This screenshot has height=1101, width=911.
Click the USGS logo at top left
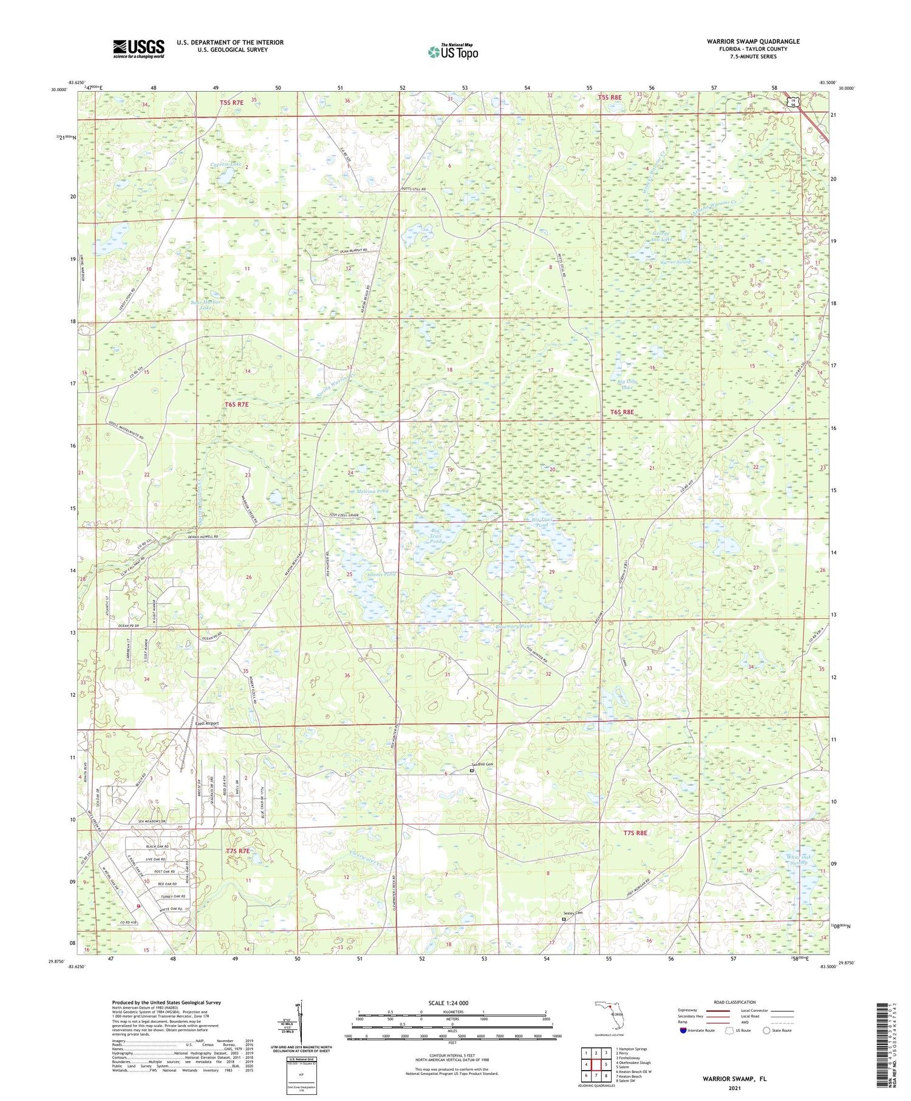pos(138,49)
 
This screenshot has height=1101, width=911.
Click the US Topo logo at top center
pos(453,52)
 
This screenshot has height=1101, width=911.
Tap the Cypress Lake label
pos(225,165)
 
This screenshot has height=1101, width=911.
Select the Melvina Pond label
pos(372,491)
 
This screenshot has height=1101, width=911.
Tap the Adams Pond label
pos(381,574)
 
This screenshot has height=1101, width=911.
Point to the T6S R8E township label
pos(622,412)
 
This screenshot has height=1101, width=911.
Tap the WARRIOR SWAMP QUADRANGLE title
pos(752,41)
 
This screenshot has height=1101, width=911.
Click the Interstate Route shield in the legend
pos(683,1031)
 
